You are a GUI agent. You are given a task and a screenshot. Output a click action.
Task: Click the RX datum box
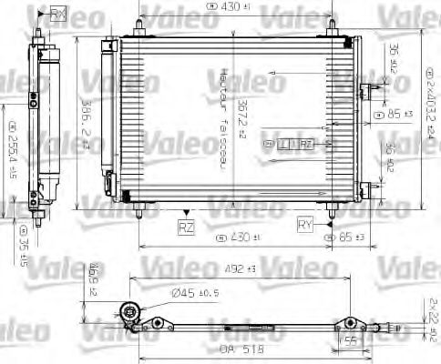[59, 13]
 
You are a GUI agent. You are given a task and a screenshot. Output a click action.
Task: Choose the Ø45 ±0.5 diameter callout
[193, 292]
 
